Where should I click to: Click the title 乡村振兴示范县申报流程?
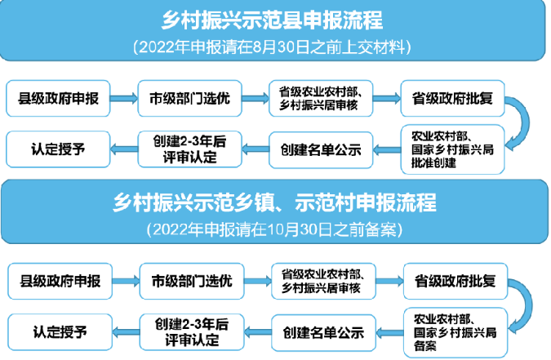272,20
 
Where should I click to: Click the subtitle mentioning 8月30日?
272,47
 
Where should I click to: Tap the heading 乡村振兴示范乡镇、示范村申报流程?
274,202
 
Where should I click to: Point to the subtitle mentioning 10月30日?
274,229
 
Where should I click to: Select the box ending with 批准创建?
452,149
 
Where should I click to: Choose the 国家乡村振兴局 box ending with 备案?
455,332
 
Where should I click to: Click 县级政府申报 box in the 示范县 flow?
58,99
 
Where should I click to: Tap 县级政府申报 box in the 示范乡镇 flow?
60,282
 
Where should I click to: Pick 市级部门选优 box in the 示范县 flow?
189,99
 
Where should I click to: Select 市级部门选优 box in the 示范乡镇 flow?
192,282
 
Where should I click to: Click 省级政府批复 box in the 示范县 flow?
452,99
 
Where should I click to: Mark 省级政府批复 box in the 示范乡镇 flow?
455,282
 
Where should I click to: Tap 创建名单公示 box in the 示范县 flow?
321,150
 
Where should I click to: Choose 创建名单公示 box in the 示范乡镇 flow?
323,332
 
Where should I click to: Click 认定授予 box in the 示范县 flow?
58,149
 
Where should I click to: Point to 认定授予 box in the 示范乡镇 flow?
60,332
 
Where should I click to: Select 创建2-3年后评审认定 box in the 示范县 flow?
189,149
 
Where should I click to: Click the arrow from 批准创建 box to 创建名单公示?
387,150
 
